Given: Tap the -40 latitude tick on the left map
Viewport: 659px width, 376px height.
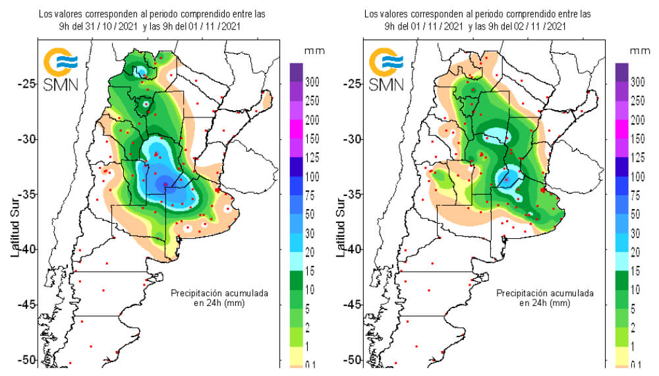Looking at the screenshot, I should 26,249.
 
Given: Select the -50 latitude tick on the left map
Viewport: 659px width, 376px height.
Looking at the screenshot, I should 26,360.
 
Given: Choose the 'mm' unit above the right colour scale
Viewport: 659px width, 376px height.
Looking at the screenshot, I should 637,51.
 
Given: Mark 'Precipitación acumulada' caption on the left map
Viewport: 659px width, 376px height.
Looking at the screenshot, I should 219,292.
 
